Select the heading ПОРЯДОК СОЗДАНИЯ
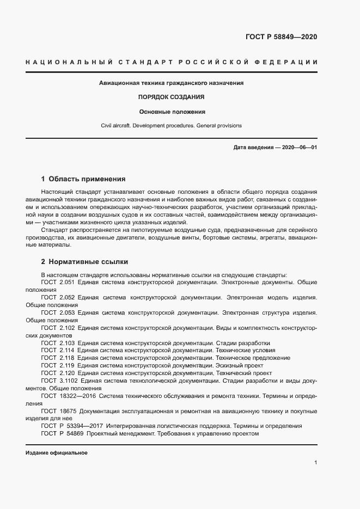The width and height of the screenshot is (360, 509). [171, 97]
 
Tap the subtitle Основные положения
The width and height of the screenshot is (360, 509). [171, 112]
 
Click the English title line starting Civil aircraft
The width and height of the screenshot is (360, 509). [171, 126]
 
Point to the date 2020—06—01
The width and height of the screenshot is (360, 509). [300, 148]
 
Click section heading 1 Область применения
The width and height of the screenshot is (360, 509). [83, 179]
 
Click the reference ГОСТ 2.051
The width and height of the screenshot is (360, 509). [58, 283]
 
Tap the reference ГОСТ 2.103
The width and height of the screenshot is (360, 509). [58, 343]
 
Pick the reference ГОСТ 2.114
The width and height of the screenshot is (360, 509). [58, 351]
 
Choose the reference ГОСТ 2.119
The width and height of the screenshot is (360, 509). [58, 366]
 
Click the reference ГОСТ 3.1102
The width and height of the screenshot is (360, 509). [60, 381]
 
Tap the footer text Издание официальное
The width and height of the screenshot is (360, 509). [56, 453]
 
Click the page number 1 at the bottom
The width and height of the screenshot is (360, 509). [315, 463]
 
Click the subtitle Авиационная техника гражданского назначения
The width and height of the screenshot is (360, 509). [171, 83]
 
